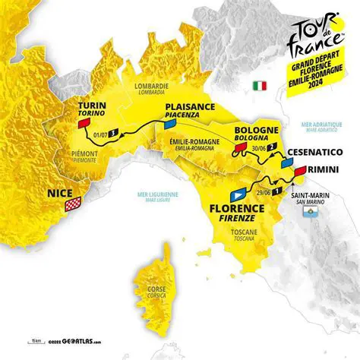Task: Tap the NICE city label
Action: [x=60, y=193]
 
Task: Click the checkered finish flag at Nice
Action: [x=73, y=204]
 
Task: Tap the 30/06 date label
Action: [x=259, y=150]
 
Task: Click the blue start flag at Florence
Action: [x=242, y=184]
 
